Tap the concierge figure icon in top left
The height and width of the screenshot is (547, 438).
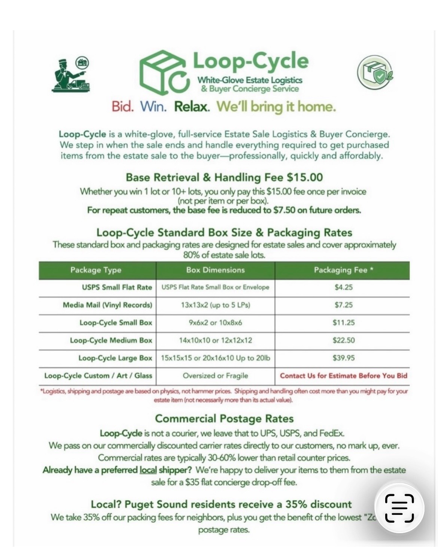pyautogui.click(x=70, y=74)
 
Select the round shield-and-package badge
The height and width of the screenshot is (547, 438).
pyautogui.click(x=375, y=73)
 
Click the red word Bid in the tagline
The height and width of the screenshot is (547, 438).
pyautogui.click(x=122, y=107)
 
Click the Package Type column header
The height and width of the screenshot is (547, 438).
pyautogui.click(x=96, y=270)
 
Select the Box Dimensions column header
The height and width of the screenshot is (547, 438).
pyautogui.click(x=215, y=270)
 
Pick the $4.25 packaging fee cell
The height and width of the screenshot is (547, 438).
pyautogui.click(x=343, y=287)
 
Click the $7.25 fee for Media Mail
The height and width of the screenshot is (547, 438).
pyautogui.click(x=343, y=305)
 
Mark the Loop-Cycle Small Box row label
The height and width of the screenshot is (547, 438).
pyautogui.click(x=116, y=323)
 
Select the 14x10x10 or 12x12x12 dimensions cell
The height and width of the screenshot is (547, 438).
pyautogui.click(x=215, y=340)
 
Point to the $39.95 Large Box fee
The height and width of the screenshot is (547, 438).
pyautogui.click(x=343, y=358)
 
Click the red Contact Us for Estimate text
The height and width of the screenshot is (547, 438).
pyautogui.click(x=343, y=376)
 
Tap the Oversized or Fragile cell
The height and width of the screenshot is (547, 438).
pyautogui.click(x=215, y=376)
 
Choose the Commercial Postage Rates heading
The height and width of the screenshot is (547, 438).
pyautogui.click(x=224, y=418)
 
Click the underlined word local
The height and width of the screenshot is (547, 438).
pyautogui.click(x=148, y=470)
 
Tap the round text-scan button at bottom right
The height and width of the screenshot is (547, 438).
pyautogui.click(x=399, y=508)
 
